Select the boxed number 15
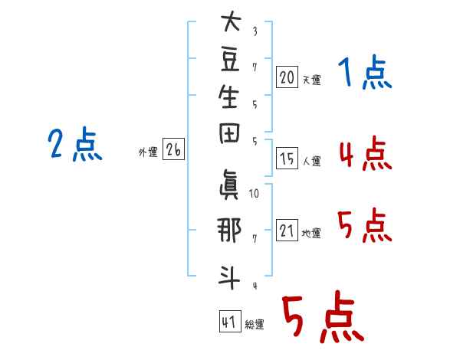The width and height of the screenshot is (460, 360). click(287, 159)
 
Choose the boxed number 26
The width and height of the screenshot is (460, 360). click(173, 151)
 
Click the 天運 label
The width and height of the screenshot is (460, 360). click(312, 79)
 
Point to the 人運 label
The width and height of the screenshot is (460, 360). click(312, 162)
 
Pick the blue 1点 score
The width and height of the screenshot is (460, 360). click(364, 74)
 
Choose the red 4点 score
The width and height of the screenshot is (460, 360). click(364, 155)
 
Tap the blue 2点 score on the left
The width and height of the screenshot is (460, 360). click(74, 145)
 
